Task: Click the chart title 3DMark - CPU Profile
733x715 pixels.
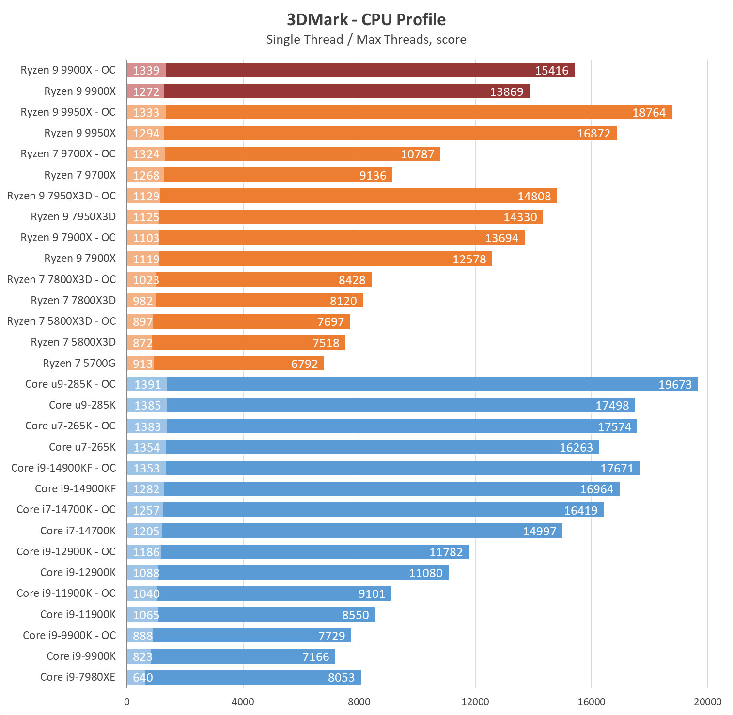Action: pyautogui.click(x=366, y=19)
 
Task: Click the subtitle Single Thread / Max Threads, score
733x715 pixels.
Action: pyautogui.click(x=366, y=39)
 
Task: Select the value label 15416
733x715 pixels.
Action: pyautogui.click(x=551, y=71)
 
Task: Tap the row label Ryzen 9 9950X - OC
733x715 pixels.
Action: pyautogui.click(x=68, y=112)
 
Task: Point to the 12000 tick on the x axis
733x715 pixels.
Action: pyautogui.click(x=475, y=702)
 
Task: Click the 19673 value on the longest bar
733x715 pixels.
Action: pyautogui.click(x=675, y=385)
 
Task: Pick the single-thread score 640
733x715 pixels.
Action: pyautogui.click(x=142, y=678)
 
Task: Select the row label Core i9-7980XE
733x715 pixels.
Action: pyautogui.click(x=78, y=677)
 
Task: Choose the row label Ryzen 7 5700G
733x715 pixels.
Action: pyautogui.click(x=79, y=364)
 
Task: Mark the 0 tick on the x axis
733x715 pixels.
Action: pyautogui.click(x=127, y=702)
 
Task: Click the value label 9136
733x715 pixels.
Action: pyautogui.click(x=373, y=176)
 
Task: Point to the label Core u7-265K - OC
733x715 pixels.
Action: pyautogui.click(x=70, y=426)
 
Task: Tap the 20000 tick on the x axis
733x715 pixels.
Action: pyautogui.click(x=707, y=702)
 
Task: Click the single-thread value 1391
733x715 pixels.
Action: pyautogui.click(x=147, y=385)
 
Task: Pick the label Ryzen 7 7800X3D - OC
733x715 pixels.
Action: pyautogui.click(x=62, y=280)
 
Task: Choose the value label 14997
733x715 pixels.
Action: pyautogui.click(x=539, y=532)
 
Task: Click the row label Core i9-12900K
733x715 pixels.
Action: pyautogui.click(x=78, y=573)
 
